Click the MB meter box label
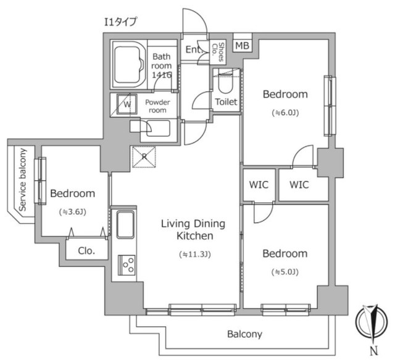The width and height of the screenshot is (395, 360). (x=242, y=46)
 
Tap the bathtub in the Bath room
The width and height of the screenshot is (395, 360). (x=129, y=64)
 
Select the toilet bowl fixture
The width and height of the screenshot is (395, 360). (x=225, y=83)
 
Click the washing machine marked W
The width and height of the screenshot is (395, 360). (x=127, y=104)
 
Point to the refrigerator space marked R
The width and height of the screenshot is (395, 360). (x=144, y=157)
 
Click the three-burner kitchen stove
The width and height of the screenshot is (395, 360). (x=127, y=265)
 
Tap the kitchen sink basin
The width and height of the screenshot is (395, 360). (x=125, y=224)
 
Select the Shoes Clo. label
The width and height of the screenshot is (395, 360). (x=218, y=52)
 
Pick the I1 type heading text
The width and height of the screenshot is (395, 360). (x=121, y=22)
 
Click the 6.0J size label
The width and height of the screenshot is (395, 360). (x=285, y=113)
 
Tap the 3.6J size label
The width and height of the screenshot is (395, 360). (x=73, y=212)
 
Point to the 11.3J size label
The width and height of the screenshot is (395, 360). (x=195, y=255)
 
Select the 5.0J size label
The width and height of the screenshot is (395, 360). (x=285, y=272)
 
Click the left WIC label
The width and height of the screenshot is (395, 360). (x=259, y=185)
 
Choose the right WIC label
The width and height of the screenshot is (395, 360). (x=299, y=185)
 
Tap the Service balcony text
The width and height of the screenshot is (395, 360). (x=23, y=179)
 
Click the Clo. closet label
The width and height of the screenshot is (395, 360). (x=86, y=251)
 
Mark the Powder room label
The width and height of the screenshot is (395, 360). (x=157, y=106)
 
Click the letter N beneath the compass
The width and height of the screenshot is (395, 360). (x=374, y=351)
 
